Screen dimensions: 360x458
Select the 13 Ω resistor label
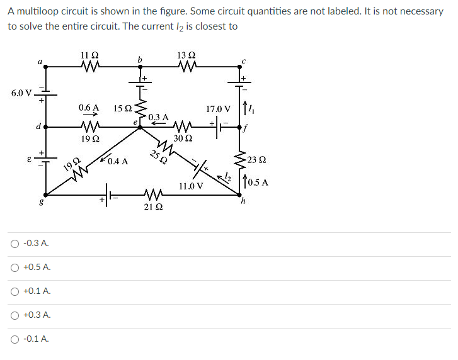point(186,55)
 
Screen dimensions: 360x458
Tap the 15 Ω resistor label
point(122,108)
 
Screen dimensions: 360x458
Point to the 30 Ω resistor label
point(183,138)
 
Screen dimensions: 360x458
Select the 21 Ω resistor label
point(151,206)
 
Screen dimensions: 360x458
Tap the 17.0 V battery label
point(219,109)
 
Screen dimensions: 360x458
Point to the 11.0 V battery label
point(191,186)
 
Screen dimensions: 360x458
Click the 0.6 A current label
point(89,108)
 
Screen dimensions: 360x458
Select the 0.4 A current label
point(118,161)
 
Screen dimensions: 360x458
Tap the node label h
point(243,202)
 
